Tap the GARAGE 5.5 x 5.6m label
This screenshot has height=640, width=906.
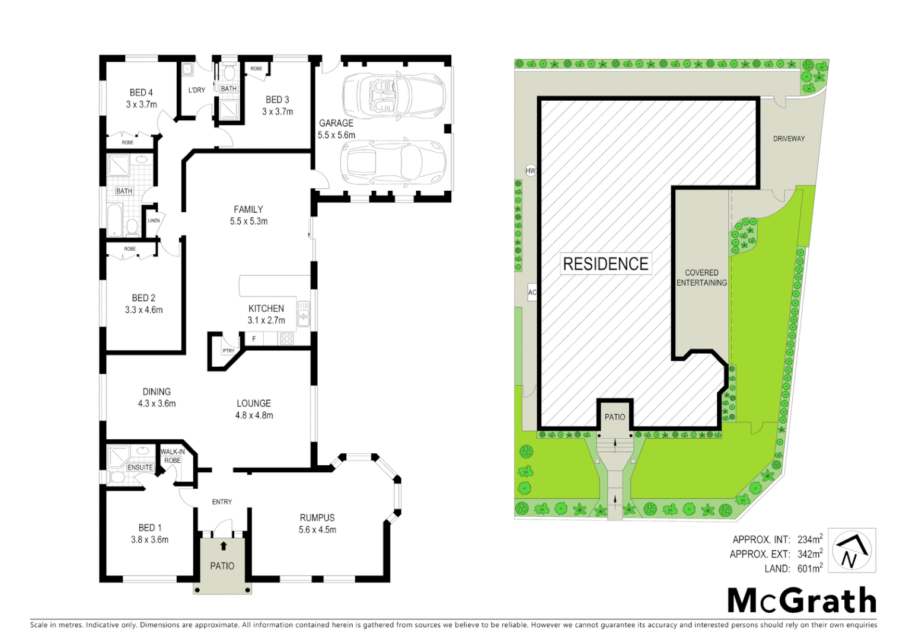pos(336,129)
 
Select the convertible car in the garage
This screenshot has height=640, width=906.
pos(393,94)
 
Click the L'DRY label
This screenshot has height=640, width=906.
pos(197,90)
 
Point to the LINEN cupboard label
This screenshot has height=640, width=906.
pos(154,220)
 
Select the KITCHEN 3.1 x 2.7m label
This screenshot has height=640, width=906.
pos(266,314)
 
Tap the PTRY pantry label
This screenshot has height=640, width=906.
pos(228,351)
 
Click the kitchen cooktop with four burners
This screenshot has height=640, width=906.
pos(287,338)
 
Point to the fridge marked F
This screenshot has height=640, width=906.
pos(254,339)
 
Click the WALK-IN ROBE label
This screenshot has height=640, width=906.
pos(173,456)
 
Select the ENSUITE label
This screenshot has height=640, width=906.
pos(141,468)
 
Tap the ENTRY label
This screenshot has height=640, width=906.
pos(222,502)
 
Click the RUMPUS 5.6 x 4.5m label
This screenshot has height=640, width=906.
pos(317,523)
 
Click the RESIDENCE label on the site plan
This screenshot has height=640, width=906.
pos(605,264)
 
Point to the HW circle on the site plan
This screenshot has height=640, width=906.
pos(531,171)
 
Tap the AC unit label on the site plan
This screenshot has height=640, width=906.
pos(532,293)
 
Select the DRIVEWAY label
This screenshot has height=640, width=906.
pos(789,139)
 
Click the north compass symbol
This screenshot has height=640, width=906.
pos(851,551)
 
